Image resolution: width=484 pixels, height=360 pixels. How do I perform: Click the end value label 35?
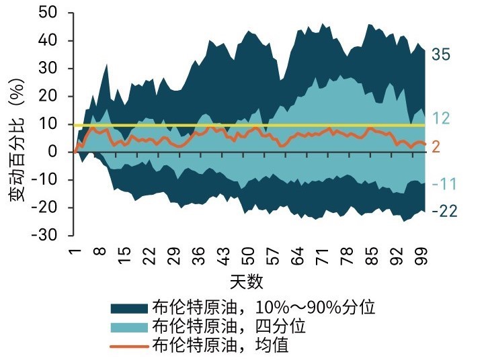[x=441, y=55]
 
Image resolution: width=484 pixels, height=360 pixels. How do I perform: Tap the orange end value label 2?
[x=435, y=146]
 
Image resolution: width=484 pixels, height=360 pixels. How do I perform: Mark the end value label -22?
[x=444, y=212]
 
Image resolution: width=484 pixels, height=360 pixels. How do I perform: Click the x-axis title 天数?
[x=248, y=279]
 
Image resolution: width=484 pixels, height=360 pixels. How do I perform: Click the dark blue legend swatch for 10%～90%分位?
[x=129, y=308]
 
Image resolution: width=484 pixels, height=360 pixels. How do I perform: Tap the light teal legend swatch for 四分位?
[x=129, y=327]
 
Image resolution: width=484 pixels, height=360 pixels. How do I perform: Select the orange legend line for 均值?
[x=129, y=346]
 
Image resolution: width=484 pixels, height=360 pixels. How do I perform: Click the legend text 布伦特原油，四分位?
[x=229, y=327]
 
